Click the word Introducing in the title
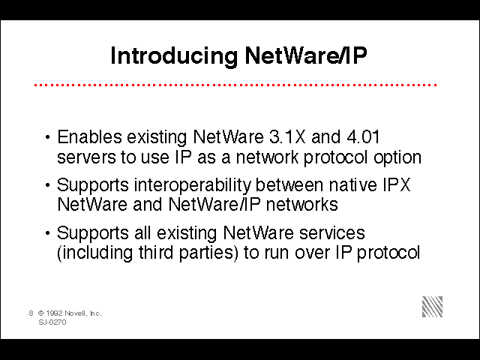pyautogui.click(x=174, y=56)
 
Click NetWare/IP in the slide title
pyautogui.click(x=306, y=55)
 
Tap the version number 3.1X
pyautogui.click(x=288, y=136)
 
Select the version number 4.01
pyautogui.click(x=363, y=136)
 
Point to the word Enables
pyautogui.click(x=89, y=136)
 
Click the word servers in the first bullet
pyautogui.click(x=87, y=158)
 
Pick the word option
pyautogui.click(x=397, y=158)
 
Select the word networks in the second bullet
pyautogui.click(x=301, y=204)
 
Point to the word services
pyautogui.click(x=332, y=233)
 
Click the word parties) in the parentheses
pyautogui.click(x=208, y=253)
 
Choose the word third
pyautogui.click(x=156, y=252)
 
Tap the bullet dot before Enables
pyautogui.click(x=47, y=137)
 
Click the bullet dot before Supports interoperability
pyautogui.click(x=47, y=185)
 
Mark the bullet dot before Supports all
pyautogui.click(x=47, y=233)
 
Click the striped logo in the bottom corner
pyautogui.click(x=432, y=307)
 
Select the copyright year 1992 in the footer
pyautogui.click(x=54, y=313)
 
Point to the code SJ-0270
pyautogui.click(x=52, y=322)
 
